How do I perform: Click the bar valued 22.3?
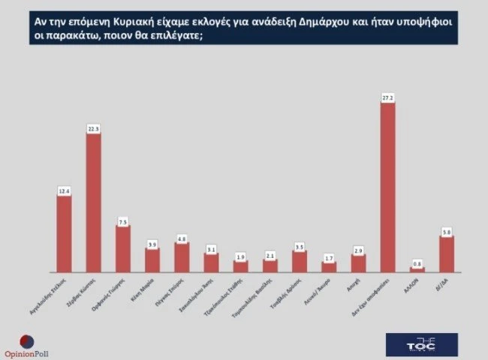click(93, 202)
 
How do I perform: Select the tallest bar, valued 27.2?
click(387, 187)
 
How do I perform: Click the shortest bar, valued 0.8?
click(417, 269)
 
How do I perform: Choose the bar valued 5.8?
click(447, 254)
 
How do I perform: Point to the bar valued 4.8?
click(182, 257)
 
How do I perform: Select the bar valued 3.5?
click(300, 262)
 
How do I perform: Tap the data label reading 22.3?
click(93, 128)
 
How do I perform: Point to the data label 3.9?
click(152, 244)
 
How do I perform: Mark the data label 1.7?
click(329, 258)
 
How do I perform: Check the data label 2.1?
click(270, 256)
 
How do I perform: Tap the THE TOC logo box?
click(421, 343)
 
